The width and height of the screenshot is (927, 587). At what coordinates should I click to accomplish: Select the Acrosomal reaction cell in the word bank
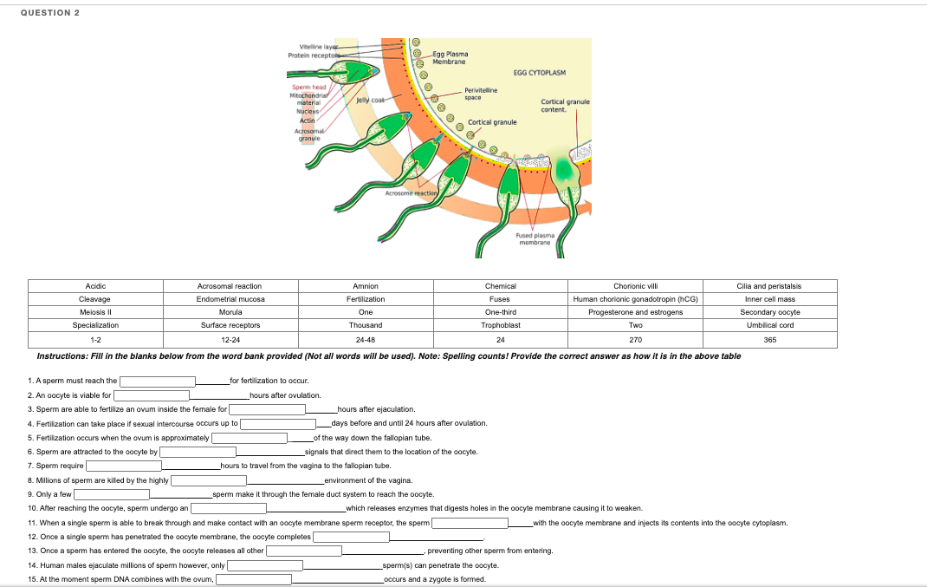[x=230, y=286]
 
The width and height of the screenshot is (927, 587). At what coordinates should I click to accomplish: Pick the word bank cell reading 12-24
[x=230, y=338]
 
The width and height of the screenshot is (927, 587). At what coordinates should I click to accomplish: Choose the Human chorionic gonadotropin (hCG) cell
[x=635, y=299]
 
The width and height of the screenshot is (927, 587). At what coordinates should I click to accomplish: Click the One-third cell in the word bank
[x=501, y=312]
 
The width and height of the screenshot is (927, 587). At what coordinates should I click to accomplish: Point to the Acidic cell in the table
[x=95, y=286]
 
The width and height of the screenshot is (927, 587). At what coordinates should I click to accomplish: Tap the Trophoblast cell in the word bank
[x=501, y=325]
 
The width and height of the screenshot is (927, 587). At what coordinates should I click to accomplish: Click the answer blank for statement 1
[x=158, y=381]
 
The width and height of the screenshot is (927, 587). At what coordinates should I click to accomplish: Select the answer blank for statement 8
[x=209, y=480]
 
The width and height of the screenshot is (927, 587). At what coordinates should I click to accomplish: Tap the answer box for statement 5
[x=250, y=438]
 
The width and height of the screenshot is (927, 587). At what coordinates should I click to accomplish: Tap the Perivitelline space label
[x=479, y=93]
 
